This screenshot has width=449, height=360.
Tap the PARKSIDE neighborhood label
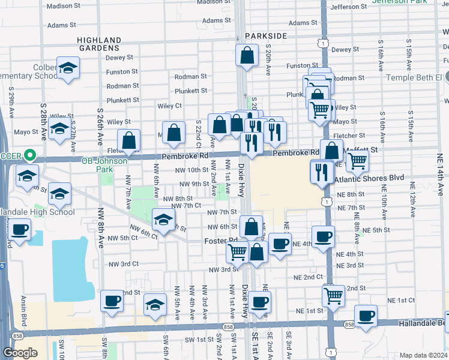266,36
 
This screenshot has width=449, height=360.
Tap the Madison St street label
63,6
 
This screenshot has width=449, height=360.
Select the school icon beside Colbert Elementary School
68,68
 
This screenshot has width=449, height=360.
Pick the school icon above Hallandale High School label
59,194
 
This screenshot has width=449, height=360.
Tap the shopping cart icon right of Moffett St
357,160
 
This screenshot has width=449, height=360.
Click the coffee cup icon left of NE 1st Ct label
365,316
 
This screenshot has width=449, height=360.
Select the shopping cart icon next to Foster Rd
237,252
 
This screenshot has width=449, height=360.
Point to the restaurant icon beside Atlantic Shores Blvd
322,172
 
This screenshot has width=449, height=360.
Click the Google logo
20,352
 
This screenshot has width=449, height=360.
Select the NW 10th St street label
191,170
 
